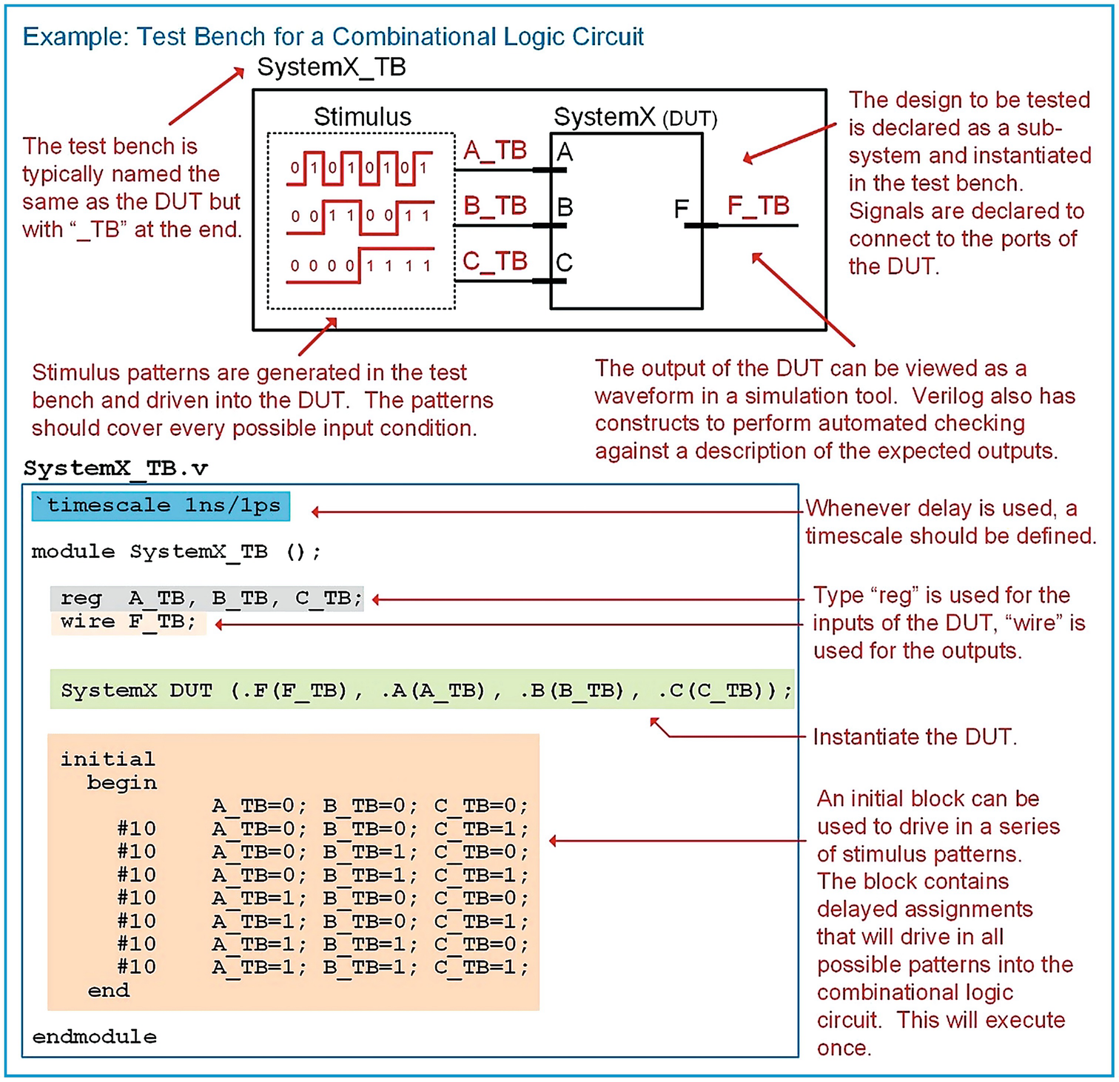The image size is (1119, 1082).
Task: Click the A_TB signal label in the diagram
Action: click(494, 151)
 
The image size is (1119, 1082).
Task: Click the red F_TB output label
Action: click(758, 206)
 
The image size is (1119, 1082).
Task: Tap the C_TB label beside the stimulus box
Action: click(494, 261)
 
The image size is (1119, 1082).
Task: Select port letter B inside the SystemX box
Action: click(565, 207)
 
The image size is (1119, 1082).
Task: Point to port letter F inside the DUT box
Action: click(681, 209)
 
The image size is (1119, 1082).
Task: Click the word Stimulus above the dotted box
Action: click(362, 117)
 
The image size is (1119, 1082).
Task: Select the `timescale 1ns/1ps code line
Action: click(161, 506)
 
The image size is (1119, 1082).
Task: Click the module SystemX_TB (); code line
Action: click(176, 552)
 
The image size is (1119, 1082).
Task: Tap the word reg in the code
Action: click(81, 598)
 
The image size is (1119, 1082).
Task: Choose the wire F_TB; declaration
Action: click(128, 622)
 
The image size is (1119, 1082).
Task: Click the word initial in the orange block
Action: click(107, 759)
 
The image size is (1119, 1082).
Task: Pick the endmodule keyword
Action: click(94, 1037)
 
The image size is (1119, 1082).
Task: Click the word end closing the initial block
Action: click(108, 990)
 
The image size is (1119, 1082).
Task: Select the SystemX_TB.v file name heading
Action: click(115, 468)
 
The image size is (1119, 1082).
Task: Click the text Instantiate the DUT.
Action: click(915, 737)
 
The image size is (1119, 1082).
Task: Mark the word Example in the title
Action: click(70, 36)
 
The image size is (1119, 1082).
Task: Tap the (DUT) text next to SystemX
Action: click(689, 119)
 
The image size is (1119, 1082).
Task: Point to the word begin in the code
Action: click(121, 783)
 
